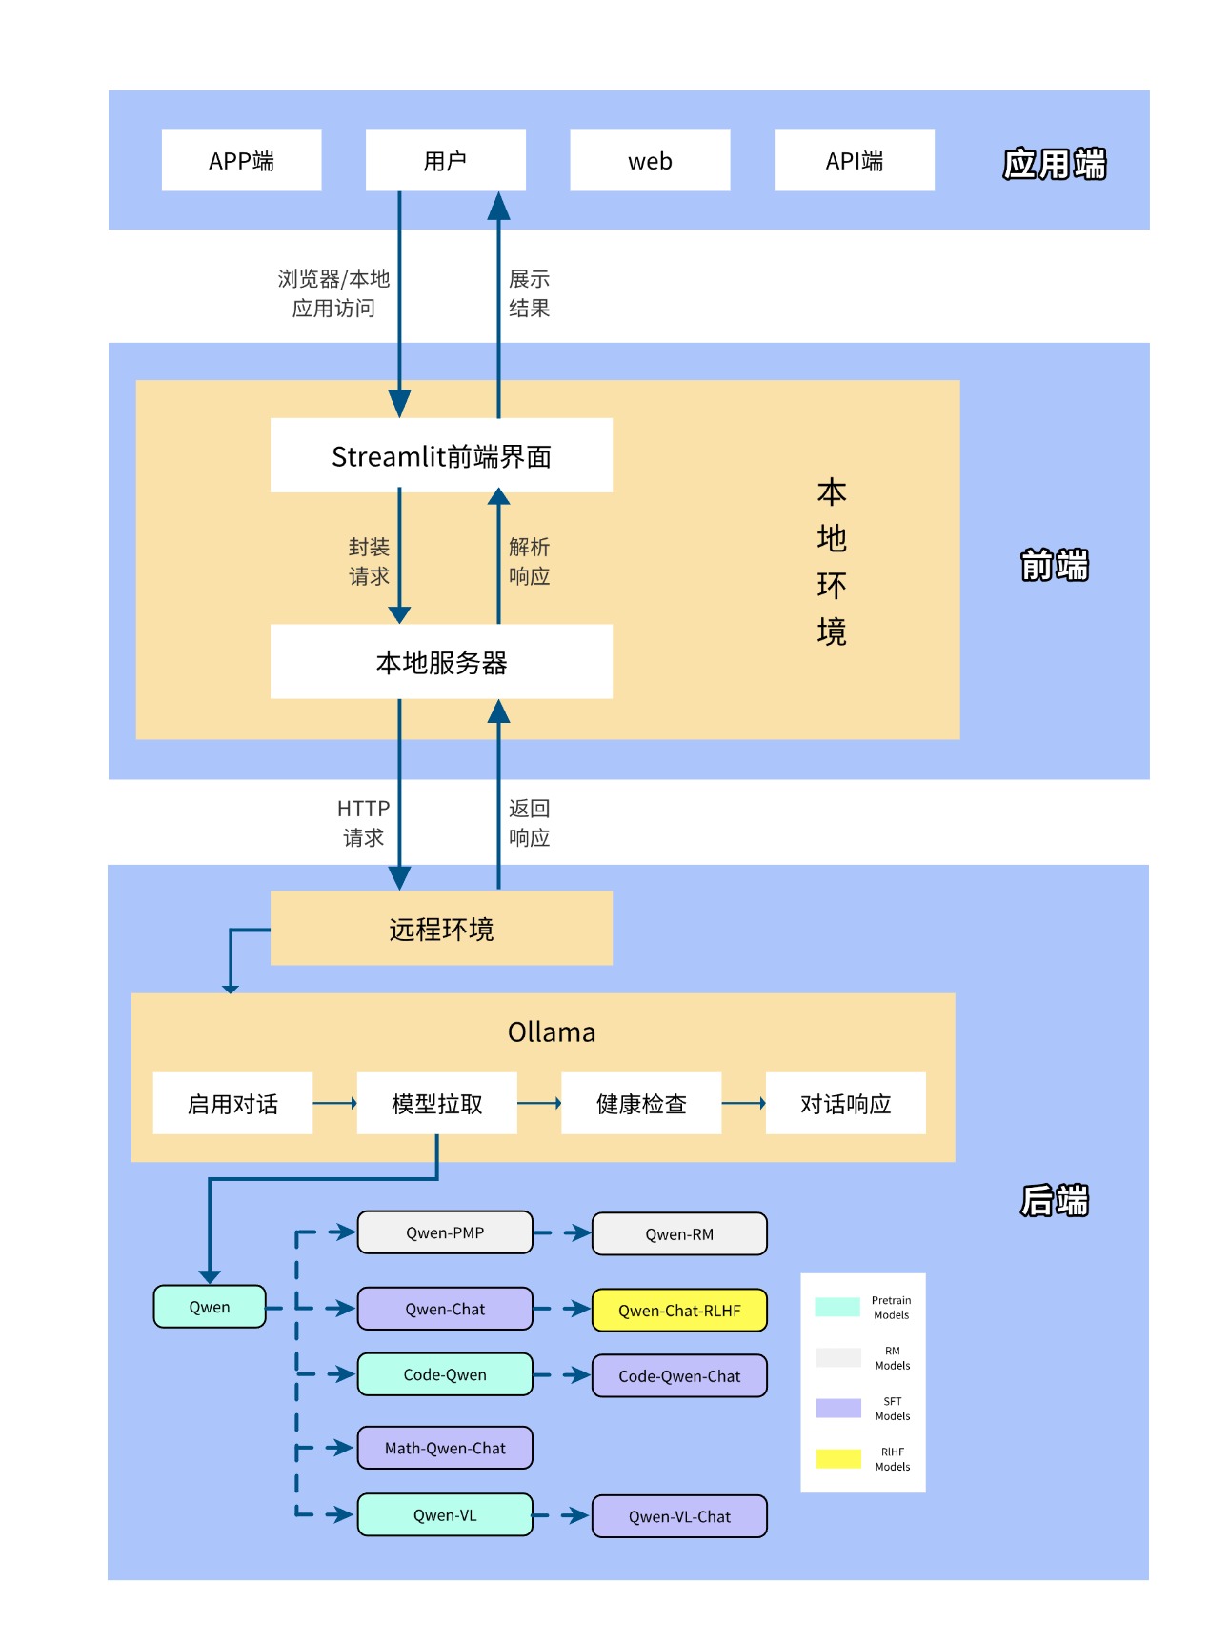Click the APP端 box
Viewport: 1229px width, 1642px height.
coord(241,160)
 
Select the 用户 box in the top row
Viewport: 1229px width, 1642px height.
coord(445,160)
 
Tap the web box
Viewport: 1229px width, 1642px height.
coord(650,160)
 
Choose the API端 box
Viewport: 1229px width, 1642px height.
coord(854,160)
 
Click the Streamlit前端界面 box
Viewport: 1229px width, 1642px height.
coord(441,455)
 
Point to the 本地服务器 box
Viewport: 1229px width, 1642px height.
coord(441,662)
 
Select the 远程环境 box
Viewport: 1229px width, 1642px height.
coord(441,929)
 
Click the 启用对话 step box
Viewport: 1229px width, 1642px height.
coord(232,1103)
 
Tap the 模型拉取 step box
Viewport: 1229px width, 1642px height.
coord(436,1103)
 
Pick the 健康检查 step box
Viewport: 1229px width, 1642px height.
coord(641,1103)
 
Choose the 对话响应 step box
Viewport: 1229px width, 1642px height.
coord(845,1103)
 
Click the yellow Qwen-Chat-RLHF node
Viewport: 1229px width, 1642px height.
coord(679,1311)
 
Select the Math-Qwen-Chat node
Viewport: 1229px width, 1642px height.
coord(445,1448)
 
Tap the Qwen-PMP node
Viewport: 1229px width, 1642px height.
coord(445,1232)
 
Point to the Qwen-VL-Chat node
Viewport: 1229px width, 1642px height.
coord(679,1516)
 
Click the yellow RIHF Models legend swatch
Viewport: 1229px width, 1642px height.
coord(838,1458)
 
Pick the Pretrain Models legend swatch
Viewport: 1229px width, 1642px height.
coord(837,1307)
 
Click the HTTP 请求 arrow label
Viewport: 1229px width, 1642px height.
coord(363,823)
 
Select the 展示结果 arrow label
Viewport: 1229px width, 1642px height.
coord(529,293)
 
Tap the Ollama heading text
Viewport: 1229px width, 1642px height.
coord(552,1032)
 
